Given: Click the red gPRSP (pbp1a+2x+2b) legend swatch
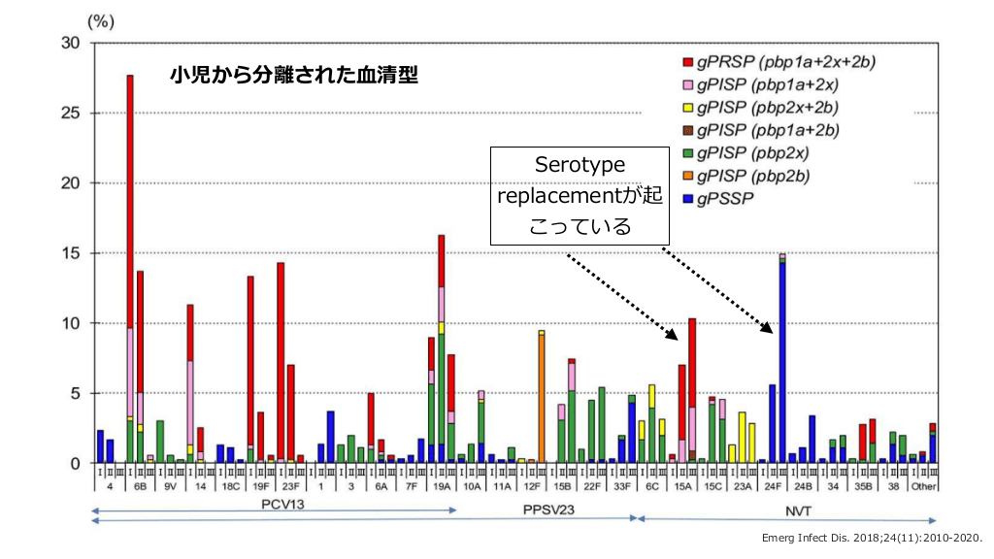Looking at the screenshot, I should click(688, 63).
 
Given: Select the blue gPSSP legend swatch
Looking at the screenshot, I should click(688, 198).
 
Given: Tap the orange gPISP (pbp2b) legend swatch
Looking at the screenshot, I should click(688, 176).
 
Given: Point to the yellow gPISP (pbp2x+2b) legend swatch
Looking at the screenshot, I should click(688, 108).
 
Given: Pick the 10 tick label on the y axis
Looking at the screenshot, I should click(73, 323).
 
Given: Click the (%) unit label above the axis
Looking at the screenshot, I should click(102, 21).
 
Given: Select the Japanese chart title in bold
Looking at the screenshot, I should click(293, 76).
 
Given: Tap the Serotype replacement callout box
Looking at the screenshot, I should click(580, 196).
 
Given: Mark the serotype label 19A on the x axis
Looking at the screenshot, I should click(442, 486).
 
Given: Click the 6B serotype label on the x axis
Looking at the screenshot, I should click(141, 486).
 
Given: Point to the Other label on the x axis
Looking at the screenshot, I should click(923, 486).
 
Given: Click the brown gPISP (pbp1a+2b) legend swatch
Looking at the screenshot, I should click(688, 130).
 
